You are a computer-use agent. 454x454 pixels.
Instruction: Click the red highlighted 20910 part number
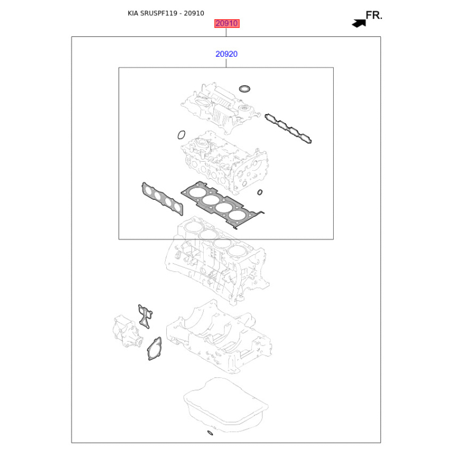pos(226,23)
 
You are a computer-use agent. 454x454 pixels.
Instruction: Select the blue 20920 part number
pos(226,54)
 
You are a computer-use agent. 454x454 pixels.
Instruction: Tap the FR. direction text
pos(374,15)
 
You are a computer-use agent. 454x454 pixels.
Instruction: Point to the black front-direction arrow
pos(359,23)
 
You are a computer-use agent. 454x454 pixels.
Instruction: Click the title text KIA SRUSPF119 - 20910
pos(166,13)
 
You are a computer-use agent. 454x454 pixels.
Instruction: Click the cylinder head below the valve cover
pos(224,162)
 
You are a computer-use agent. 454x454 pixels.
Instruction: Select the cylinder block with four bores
pos(217,260)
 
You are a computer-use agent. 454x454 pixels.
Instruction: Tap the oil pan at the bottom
pos(226,404)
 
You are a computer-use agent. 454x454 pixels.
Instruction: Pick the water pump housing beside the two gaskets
pos(127,331)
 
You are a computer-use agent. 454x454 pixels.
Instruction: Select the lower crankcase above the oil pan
pos(219,337)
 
